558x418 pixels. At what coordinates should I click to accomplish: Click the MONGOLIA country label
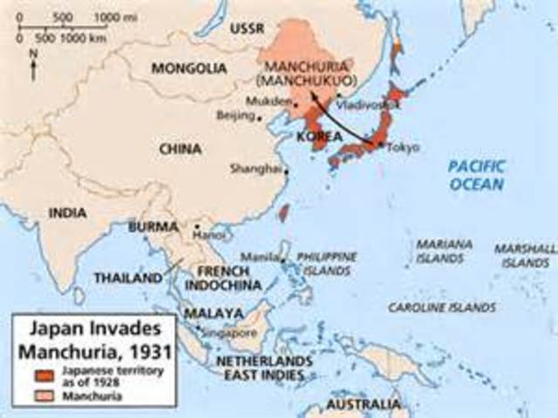point(184,68)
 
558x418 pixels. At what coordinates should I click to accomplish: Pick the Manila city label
point(265,259)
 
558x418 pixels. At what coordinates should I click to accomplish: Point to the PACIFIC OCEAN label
point(476,174)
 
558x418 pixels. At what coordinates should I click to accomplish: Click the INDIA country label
point(69,212)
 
